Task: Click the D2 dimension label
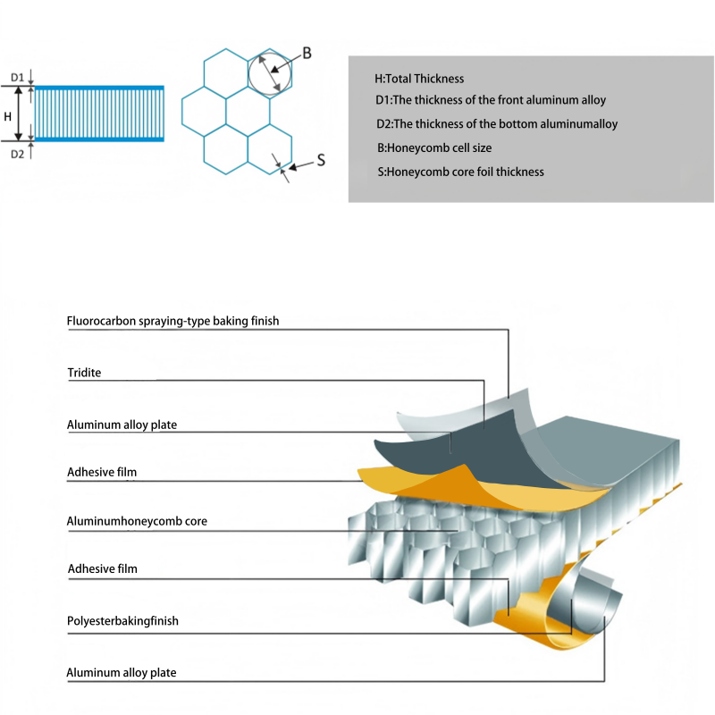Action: click(17, 154)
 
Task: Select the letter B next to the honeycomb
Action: click(307, 54)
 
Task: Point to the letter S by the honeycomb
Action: click(320, 162)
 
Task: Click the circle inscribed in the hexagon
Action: click(269, 71)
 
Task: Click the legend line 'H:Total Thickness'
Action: click(419, 79)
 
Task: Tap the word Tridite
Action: click(84, 373)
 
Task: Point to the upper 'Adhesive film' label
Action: click(102, 471)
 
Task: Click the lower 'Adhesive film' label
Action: click(102, 568)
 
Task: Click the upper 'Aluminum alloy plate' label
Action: click(122, 425)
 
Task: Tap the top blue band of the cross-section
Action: click(98, 87)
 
